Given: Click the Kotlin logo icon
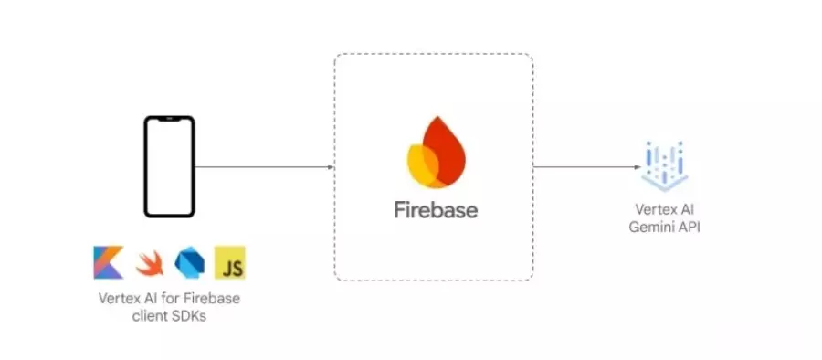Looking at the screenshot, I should [108, 263].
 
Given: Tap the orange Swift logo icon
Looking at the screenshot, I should [149, 264].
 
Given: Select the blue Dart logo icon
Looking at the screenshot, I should [189, 263].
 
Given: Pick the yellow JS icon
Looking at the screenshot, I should [229, 263].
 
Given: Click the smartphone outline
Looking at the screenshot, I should [170, 167].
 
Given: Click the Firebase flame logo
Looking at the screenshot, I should [435, 152].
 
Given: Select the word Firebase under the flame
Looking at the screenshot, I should [436, 209].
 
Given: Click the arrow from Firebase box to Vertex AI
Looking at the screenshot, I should [585, 167].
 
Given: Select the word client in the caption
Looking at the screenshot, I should [153, 315].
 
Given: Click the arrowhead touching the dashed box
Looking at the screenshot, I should [330, 167].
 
